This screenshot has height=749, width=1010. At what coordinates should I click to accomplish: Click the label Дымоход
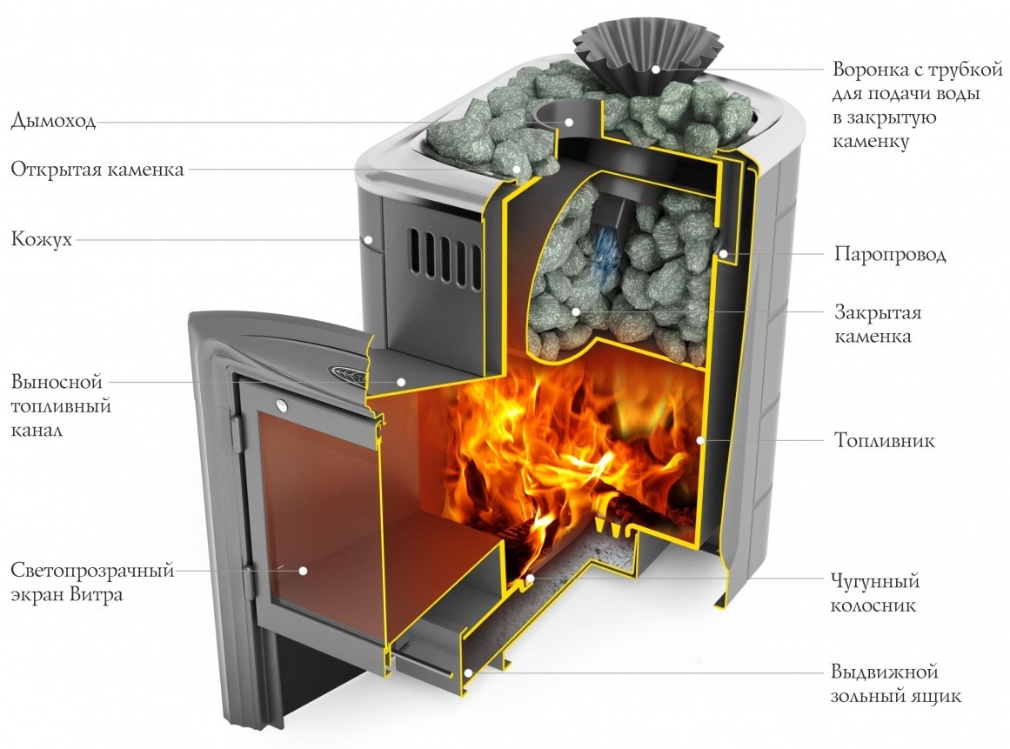53,121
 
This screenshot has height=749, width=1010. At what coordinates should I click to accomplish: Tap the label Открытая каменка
97,170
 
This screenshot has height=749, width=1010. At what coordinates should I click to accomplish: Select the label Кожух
41,239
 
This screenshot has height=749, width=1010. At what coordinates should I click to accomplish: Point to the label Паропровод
890,254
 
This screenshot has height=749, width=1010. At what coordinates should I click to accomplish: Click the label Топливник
885,440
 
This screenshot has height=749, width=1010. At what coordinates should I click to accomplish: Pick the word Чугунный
875,582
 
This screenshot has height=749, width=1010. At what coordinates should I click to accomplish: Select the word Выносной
57,382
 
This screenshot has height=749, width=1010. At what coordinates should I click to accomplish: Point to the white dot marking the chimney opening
570,121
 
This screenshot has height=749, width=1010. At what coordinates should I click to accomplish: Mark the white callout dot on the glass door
302,570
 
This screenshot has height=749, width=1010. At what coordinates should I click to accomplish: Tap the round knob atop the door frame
282,405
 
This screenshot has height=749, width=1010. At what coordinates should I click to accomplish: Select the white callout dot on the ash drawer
468,673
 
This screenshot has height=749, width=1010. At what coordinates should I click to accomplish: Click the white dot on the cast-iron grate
530,578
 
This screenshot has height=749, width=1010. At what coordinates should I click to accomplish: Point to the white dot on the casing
369,239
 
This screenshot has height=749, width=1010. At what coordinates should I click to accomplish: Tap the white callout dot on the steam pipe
724,254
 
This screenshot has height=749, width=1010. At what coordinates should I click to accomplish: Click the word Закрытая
878,312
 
